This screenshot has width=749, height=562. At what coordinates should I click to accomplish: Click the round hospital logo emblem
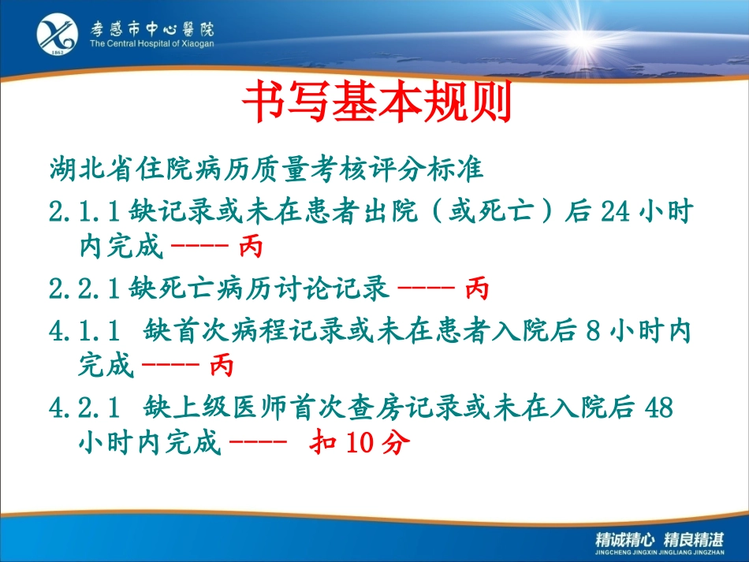point(58,34)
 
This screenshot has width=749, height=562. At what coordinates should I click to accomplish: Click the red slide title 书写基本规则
point(377,101)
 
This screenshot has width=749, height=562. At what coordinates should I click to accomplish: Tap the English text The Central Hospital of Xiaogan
point(151,43)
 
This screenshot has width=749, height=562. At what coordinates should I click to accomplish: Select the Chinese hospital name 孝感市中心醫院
point(152,28)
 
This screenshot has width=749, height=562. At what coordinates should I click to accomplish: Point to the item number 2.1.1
point(84,211)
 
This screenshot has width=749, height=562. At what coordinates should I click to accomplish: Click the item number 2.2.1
point(84,288)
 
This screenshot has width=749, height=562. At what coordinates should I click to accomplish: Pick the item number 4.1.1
point(84,331)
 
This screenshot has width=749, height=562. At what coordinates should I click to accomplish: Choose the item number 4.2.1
point(84,408)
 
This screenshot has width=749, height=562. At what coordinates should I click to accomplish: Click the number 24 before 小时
point(615,211)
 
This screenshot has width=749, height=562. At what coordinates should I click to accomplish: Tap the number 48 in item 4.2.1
point(658,408)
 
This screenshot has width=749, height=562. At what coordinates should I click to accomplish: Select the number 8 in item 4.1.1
point(593,331)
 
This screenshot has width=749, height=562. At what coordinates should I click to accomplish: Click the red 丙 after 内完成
point(251,247)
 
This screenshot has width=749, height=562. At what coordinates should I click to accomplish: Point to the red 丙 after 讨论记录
point(477,288)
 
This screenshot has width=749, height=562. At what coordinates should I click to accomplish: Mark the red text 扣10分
point(360,442)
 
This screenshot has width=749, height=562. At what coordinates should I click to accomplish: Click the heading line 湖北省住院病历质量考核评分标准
point(266,169)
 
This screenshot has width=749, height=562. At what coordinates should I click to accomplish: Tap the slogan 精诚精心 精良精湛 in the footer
point(660,540)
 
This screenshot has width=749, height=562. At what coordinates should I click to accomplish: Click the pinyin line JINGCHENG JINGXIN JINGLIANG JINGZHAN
point(660,553)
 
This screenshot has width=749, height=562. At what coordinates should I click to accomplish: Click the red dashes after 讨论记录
point(426,288)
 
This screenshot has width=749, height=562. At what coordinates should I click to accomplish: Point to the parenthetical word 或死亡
point(491,211)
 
